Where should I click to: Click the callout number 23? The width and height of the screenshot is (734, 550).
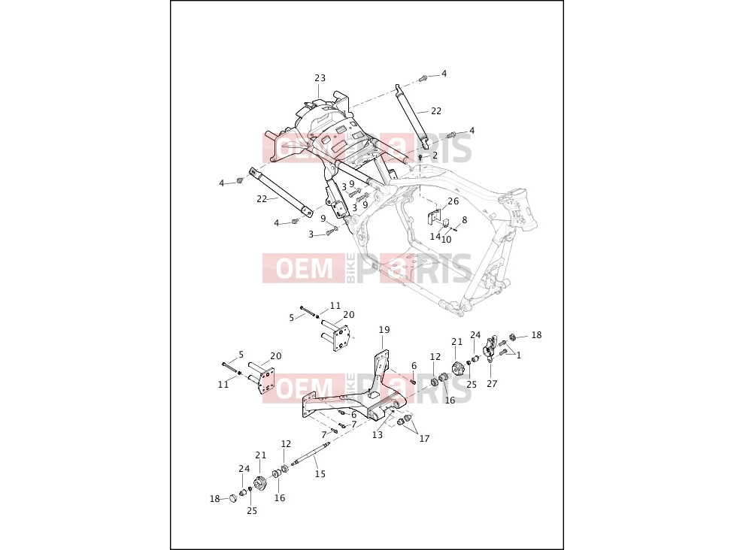coord(320,78)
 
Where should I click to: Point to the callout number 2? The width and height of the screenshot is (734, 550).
coord(435,155)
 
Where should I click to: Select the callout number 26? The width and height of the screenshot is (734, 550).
coord(453,201)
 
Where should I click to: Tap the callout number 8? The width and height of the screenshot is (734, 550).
coord(464,220)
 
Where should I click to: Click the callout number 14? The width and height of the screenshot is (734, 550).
coord(435,236)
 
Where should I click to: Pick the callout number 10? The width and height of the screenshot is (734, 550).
coord(446,240)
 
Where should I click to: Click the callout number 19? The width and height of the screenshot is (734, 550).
coord(384,330)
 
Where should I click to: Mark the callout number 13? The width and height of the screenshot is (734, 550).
coord(378,435)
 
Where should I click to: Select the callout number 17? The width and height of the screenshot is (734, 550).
coord(424,439)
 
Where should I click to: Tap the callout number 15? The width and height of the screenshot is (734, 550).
coord(320,474)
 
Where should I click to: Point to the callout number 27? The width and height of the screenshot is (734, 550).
coord(492,383)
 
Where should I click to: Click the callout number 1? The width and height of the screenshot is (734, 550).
coord(519,355)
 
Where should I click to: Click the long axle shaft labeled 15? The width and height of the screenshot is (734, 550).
coord(311,453)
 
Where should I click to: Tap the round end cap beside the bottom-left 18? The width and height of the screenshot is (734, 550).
coord(232,497)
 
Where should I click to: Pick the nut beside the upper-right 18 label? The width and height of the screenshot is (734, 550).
coord(512,337)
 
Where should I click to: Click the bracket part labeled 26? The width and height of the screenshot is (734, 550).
coord(435,216)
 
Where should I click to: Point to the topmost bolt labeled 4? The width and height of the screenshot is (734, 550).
coord(423,78)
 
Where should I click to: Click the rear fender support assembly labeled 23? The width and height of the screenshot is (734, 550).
coord(323,128)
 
